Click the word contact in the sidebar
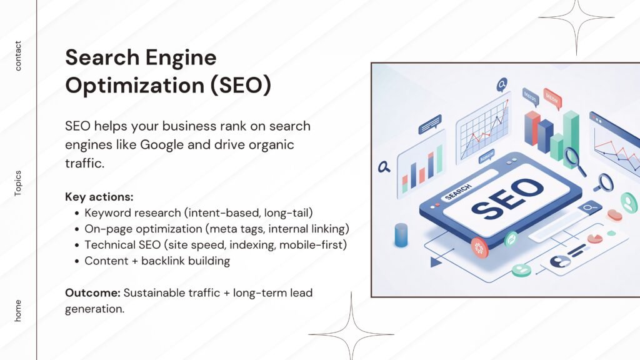17,56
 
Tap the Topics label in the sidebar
17,183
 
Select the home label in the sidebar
17,311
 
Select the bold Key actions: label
99,197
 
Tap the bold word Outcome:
92,293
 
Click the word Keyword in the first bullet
107,212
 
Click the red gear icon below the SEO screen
480,247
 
